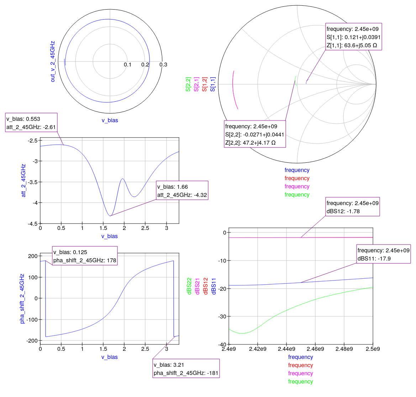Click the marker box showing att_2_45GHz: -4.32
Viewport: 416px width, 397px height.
tap(182, 190)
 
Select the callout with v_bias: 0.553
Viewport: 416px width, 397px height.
tap(31, 122)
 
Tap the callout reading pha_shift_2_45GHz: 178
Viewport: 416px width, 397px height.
tap(85, 256)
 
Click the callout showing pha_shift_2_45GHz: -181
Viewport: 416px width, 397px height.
tap(186, 368)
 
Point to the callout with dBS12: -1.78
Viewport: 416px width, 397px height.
tap(353, 207)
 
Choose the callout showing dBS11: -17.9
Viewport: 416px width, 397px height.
tap(383, 254)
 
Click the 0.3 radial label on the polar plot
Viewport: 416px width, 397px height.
tap(163, 65)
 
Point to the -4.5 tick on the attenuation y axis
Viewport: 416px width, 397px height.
tap(33, 224)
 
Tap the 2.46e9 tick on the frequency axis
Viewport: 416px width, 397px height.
tap(315, 349)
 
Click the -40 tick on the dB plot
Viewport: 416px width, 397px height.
tap(222, 344)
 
